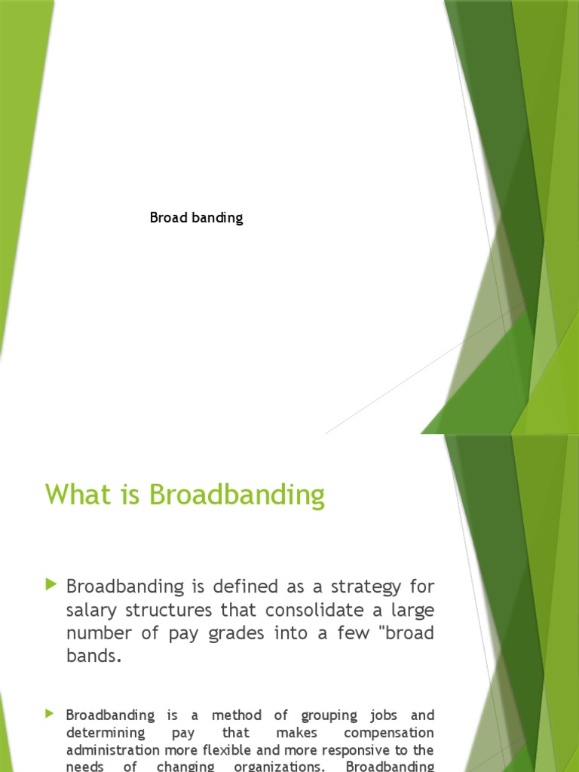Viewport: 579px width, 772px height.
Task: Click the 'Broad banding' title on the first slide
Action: [196, 218]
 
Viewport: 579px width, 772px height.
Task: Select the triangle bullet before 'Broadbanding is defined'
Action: [51, 584]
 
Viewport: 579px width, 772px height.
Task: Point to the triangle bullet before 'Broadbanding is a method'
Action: [51, 713]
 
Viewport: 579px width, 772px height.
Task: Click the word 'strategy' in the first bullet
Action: [360, 586]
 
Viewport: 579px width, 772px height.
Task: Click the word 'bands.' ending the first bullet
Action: [93, 656]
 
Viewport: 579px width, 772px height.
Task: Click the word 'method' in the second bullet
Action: [237, 715]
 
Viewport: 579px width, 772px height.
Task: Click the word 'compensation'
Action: [389, 733]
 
